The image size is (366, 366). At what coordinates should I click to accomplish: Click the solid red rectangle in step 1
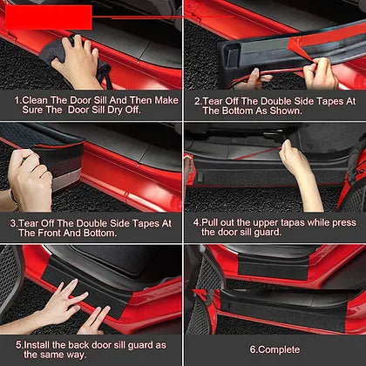(48, 17)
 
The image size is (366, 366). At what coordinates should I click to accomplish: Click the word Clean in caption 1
(35, 100)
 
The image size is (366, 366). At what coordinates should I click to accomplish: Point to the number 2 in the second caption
(197, 101)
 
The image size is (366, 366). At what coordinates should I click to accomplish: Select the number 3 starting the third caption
(13, 223)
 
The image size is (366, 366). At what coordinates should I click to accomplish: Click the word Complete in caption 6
(279, 349)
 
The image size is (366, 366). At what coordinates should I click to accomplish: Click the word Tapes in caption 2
(330, 101)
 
